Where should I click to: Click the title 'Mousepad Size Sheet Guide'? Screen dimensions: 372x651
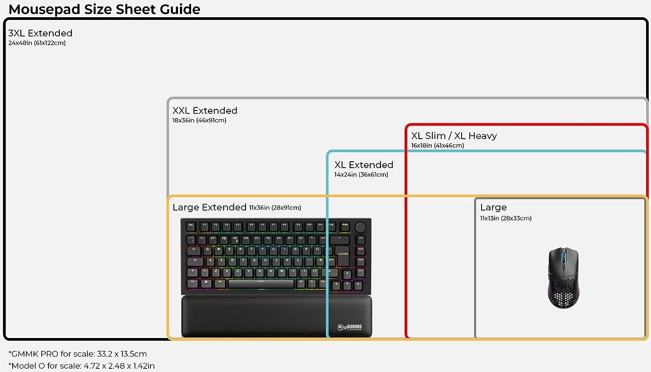[104, 9]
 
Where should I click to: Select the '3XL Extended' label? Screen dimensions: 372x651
[40, 33]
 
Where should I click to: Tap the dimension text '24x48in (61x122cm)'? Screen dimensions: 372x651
[37, 43]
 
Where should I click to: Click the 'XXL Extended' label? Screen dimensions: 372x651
[205, 111]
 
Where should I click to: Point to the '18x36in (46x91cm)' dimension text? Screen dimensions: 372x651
[199, 121]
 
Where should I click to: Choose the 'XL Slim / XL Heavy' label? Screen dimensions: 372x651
[454, 136]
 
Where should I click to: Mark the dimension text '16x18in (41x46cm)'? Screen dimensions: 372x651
[438, 146]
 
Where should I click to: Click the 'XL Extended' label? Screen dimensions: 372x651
[364, 165]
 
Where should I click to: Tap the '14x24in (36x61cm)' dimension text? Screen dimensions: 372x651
[361, 175]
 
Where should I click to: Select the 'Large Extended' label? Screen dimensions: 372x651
[209, 208]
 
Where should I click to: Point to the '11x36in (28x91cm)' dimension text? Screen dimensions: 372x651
[275, 208]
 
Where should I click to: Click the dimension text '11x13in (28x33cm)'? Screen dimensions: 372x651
[506, 218]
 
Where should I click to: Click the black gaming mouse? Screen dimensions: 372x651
[564, 278]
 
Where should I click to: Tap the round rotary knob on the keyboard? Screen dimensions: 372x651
[361, 226]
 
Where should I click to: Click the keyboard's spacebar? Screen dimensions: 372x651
[261, 284]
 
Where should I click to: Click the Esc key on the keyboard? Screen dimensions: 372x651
[191, 225]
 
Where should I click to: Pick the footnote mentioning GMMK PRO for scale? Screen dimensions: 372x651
[77, 354]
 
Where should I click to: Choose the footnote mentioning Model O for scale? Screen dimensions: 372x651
[82, 366]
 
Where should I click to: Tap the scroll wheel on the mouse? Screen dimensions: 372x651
[564, 256]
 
